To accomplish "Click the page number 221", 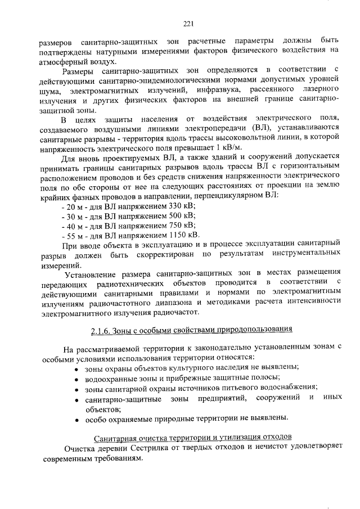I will [188, 23].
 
